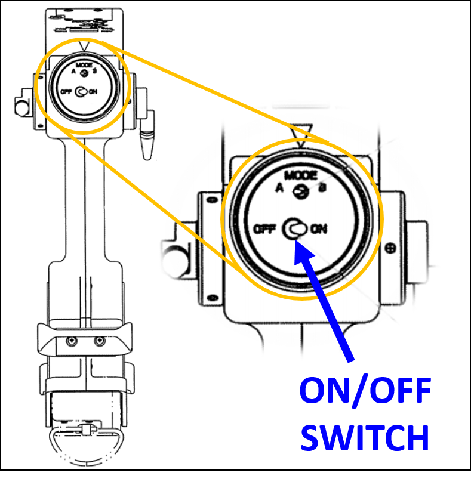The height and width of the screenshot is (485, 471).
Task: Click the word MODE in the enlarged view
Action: point(301,175)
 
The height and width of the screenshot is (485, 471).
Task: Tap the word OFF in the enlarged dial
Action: point(264,228)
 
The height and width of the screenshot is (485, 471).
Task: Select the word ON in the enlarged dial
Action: point(319,228)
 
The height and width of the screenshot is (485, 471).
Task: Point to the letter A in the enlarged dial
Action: point(279,189)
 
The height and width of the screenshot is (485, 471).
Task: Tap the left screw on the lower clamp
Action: point(72,341)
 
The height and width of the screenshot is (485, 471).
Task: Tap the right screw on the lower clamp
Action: point(99,341)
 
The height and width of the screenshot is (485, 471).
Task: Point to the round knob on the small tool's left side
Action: point(21,107)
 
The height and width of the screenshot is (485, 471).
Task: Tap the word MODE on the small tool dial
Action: point(84,64)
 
